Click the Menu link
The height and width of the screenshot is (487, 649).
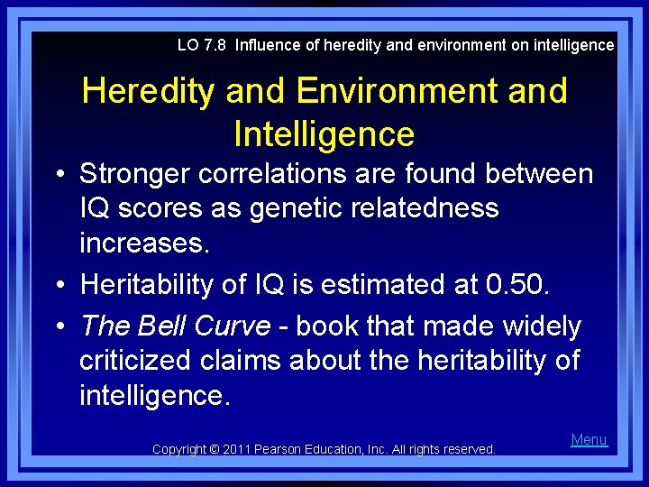coord(589,440)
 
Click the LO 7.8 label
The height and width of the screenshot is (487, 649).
coord(202,44)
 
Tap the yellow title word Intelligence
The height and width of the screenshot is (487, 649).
coord(324,134)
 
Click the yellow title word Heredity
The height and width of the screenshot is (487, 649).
coord(150,91)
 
